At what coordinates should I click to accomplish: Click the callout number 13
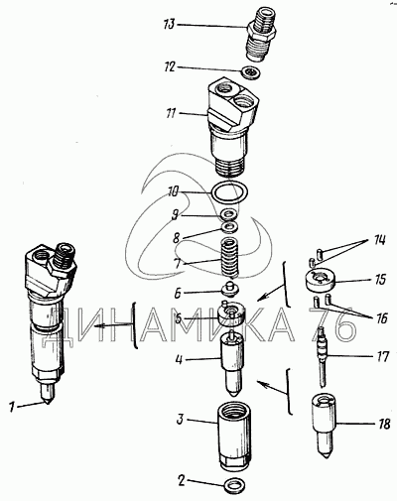169,25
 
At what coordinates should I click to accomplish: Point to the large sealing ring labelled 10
230,200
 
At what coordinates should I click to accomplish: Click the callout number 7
178,264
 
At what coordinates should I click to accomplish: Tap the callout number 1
12,407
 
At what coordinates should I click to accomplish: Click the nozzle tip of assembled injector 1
48,403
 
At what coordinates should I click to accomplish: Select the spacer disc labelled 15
320,281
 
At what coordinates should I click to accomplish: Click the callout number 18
384,424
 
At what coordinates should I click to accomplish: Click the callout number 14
379,240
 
